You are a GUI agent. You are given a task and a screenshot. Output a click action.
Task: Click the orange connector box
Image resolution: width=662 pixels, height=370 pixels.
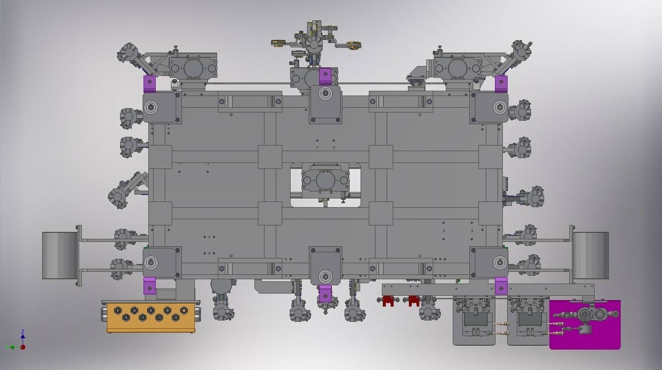(x=150, y=317)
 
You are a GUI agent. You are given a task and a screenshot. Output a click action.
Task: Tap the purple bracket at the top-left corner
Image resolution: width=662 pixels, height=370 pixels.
(x=149, y=83)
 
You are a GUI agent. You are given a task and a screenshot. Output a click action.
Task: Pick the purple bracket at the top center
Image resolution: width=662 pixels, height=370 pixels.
(x=325, y=76)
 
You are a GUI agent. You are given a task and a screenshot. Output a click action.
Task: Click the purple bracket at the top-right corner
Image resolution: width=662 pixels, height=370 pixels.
(x=501, y=83)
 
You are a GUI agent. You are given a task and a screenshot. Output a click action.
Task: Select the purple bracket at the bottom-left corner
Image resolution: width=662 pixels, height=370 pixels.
(x=149, y=286)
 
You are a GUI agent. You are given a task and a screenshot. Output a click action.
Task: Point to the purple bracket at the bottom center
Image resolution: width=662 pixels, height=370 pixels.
(x=325, y=294)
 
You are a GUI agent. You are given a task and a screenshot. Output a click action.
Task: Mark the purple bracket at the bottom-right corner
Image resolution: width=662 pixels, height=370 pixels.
(x=501, y=286)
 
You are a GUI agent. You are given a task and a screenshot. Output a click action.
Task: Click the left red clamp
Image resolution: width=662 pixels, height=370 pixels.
(x=388, y=301)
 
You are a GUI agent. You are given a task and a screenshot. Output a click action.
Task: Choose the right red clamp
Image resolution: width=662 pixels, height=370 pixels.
(x=414, y=301)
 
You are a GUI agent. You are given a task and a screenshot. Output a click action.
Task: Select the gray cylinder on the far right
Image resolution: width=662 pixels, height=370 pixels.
(x=591, y=255)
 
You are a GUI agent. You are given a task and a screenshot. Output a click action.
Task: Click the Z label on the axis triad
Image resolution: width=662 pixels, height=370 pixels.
(x=23, y=332)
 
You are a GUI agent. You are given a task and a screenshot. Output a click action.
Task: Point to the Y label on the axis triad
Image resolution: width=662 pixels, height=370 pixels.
(x=7, y=347)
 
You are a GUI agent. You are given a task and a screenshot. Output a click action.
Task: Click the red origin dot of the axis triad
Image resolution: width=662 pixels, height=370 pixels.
(x=23, y=347)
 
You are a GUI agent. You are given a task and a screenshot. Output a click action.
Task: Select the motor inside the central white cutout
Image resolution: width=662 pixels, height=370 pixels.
(x=325, y=180)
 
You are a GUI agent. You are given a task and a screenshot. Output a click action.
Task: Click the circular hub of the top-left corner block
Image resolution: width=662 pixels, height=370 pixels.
(x=151, y=107)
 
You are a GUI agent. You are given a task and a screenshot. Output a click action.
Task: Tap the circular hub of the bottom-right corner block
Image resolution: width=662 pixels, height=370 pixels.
(x=499, y=262)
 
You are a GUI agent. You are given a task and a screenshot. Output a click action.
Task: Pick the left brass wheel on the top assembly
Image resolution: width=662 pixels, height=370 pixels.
(x=277, y=43)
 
